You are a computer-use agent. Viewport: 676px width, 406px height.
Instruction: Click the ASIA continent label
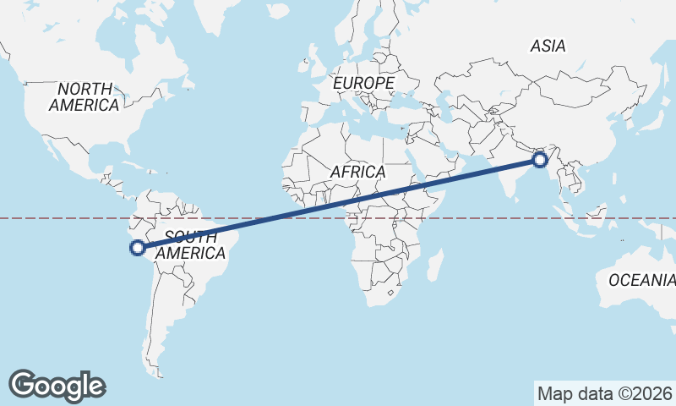(x=548, y=47)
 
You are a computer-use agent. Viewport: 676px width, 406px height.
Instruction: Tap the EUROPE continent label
(x=363, y=84)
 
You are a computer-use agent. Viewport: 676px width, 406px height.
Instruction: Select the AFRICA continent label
(x=357, y=172)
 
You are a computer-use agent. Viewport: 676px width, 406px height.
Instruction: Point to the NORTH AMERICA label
(x=84, y=97)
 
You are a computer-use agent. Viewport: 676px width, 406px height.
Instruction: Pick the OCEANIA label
(x=641, y=280)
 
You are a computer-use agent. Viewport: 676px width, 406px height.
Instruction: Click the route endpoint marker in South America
(x=137, y=248)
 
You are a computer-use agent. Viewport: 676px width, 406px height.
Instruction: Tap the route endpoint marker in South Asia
(x=539, y=158)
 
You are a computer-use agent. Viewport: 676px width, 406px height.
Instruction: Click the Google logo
(x=57, y=385)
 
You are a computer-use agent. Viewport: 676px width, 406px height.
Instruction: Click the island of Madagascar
(x=434, y=263)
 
